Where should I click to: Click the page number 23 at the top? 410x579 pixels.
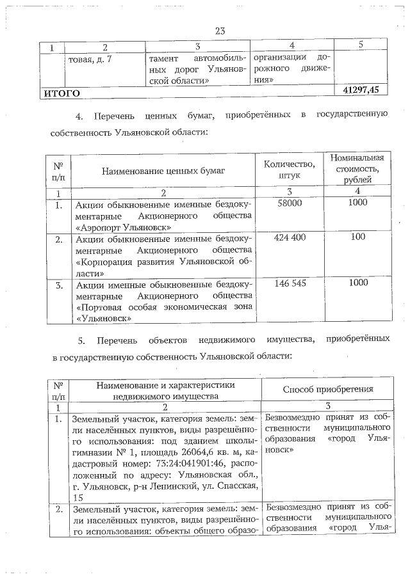(220, 30)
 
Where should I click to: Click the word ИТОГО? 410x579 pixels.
(61, 93)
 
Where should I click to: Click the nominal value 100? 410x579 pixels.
(357, 237)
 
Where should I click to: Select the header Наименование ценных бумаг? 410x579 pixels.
(164, 171)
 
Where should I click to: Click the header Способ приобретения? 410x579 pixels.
(328, 389)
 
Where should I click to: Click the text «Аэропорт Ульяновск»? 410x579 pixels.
(123, 226)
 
